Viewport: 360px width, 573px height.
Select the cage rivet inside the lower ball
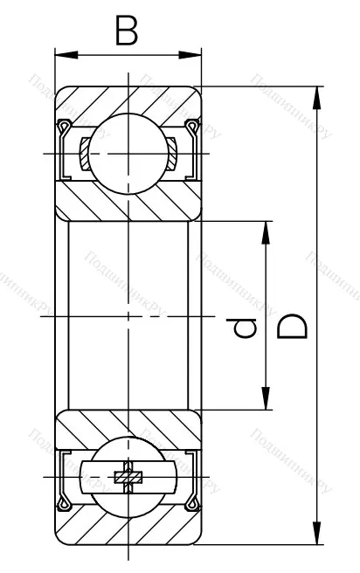[x=128, y=477]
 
